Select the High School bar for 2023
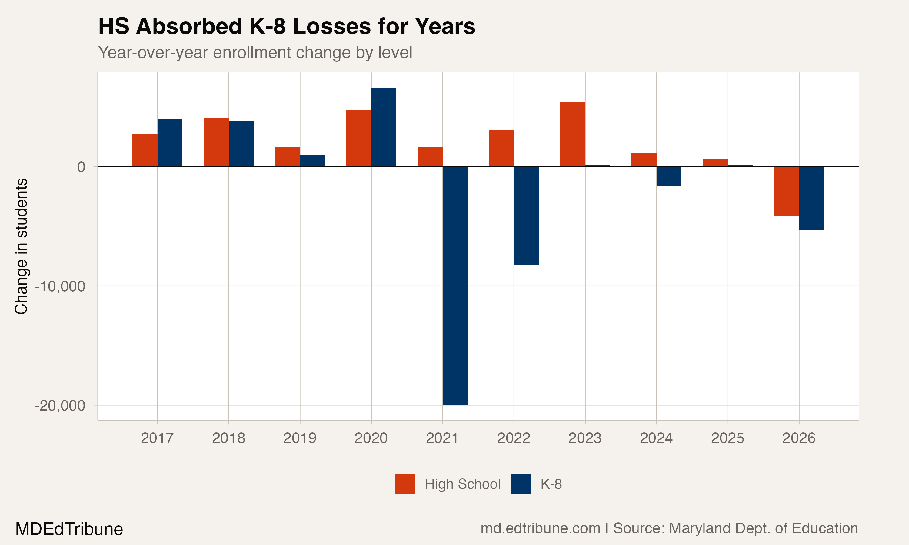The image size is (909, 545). pyautogui.click(x=572, y=134)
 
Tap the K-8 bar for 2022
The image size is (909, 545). pyautogui.click(x=526, y=216)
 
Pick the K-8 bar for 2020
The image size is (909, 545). pyautogui.click(x=384, y=127)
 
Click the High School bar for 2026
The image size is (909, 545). pyautogui.click(x=786, y=191)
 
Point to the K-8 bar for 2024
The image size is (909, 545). pyautogui.click(x=669, y=176)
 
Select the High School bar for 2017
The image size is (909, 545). pyautogui.click(x=145, y=150)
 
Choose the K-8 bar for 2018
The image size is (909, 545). pyautogui.click(x=241, y=144)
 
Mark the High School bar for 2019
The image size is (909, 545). pyautogui.click(x=287, y=157)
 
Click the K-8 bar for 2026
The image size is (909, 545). pyautogui.click(x=811, y=198)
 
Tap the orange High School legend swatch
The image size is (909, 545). pyautogui.click(x=405, y=484)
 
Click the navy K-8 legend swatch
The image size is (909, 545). pyautogui.click(x=520, y=484)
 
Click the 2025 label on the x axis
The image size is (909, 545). pyautogui.click(x=727, y=438)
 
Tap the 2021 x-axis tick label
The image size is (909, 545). pyautogui.click(x=442, y=438)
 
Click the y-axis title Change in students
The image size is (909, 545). pyautogui.click(x=21, y=246)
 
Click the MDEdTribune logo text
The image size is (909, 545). pyautogui.click(x=69, y=529)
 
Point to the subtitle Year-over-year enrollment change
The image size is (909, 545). pyautogui.click(x=255, y=52)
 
